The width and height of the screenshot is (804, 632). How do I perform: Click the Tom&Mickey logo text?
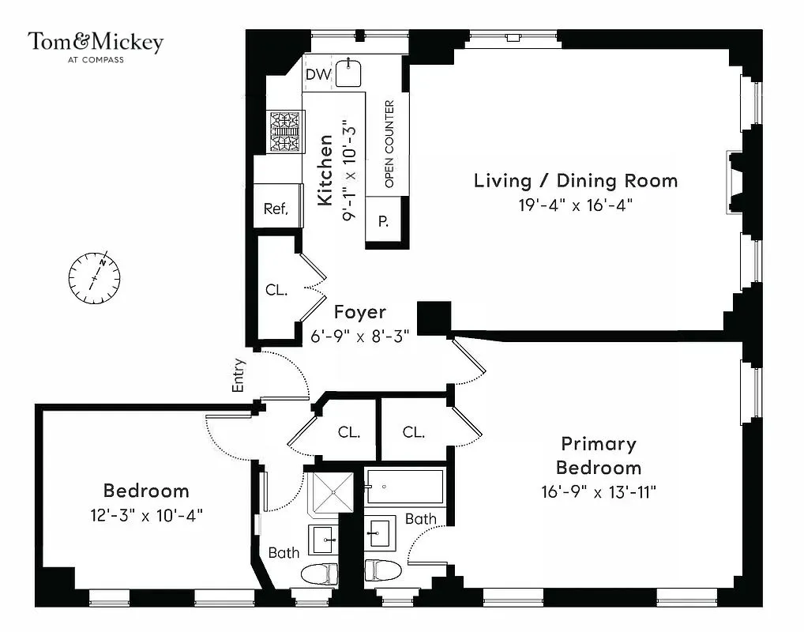96,42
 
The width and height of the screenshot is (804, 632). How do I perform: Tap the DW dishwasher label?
317,74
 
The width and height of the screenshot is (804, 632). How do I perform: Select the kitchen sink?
348,73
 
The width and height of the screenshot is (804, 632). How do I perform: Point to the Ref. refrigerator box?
276,209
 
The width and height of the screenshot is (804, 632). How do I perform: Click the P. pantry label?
384,221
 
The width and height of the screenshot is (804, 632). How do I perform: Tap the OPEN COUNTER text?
389,143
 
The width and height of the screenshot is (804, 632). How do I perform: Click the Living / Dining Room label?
575,180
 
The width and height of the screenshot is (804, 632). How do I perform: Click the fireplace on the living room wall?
734,181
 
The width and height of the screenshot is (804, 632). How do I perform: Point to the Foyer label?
359,312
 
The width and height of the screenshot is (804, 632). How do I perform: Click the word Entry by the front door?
239,375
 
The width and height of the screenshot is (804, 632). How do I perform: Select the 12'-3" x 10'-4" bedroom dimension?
146,515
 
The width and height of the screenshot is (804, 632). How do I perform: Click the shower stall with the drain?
332,492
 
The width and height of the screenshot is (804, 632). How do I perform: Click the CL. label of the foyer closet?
276,290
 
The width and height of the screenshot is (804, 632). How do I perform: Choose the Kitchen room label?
325,170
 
